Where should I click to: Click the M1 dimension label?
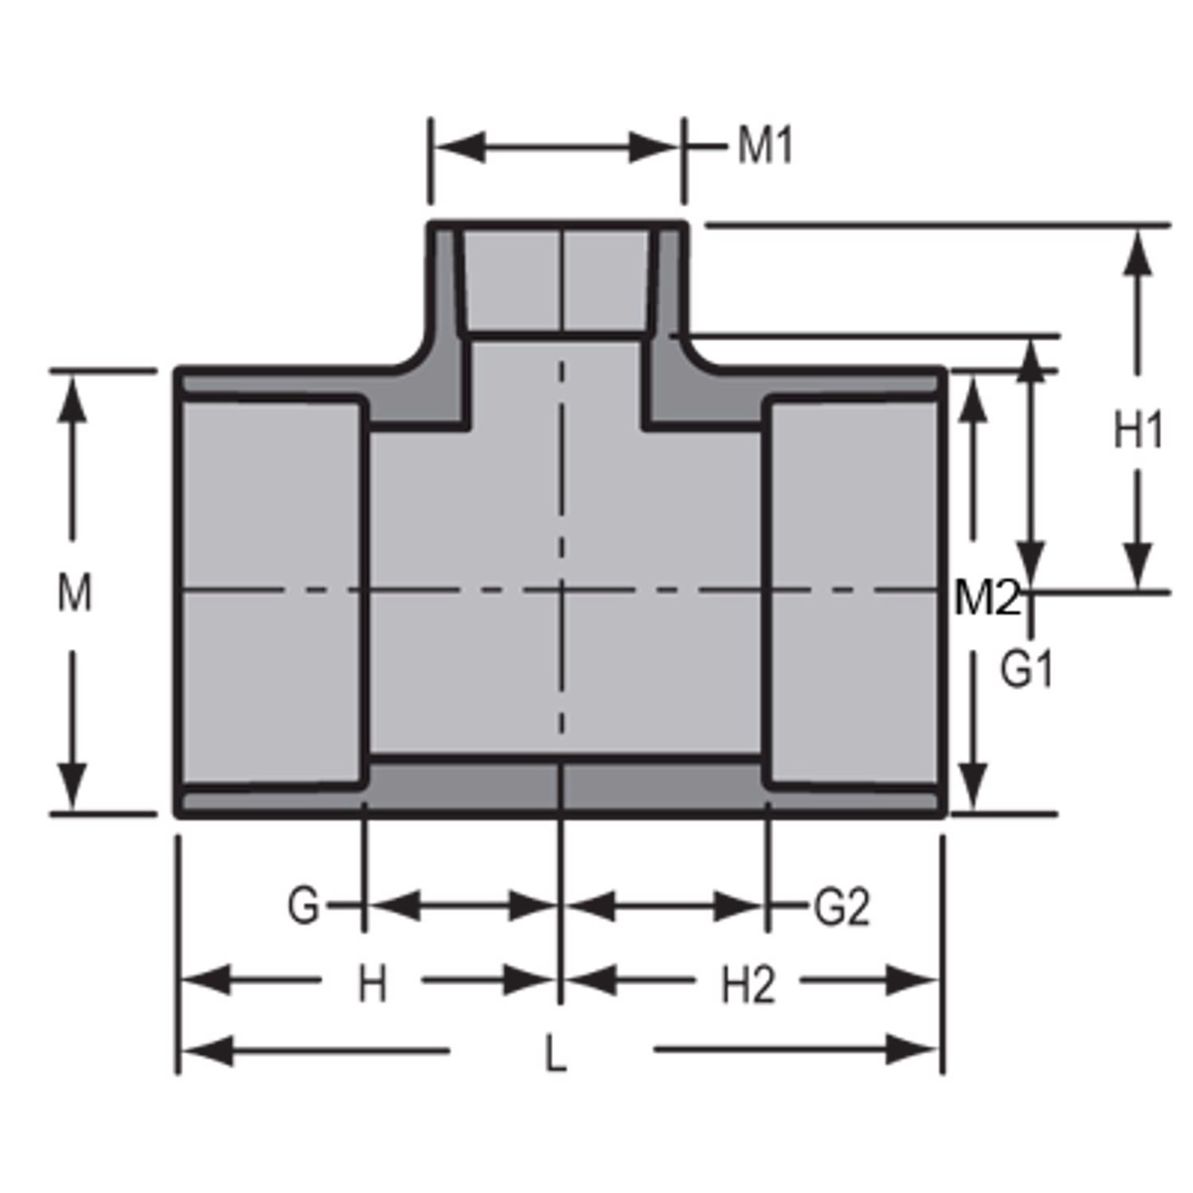tap(765, 148)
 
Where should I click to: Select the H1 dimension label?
tap(1137, 432)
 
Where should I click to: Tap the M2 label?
tap(987, 597)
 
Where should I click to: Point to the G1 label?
tap(1026, 671)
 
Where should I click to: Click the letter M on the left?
tap(74, 594)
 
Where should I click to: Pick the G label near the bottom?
tap(303, 907)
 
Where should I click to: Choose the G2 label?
tap(841, 907)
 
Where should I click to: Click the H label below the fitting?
tap(372, 985)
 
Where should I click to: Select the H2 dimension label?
tap(748, 985)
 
